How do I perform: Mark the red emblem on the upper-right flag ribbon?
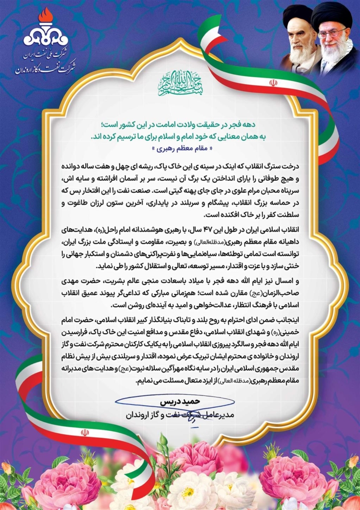pos(273,83)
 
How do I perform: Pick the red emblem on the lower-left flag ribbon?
pos(85,432)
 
